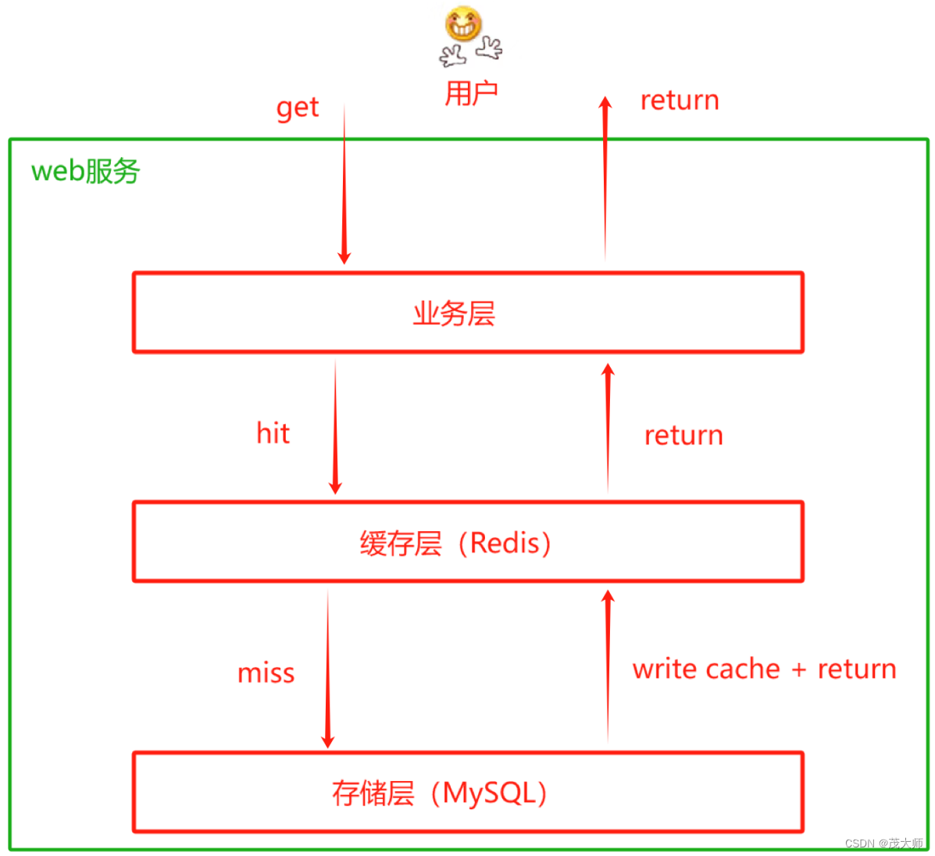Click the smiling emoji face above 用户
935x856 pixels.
(x=463, y=23)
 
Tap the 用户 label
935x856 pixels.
(x=471, y=94)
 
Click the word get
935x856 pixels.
(x=298, y=108)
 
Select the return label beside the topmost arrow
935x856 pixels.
(x=680, y=101)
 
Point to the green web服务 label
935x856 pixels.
(x=85, y=171)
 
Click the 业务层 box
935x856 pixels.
(x=468, y=312)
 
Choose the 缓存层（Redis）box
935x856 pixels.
(x=468, y=542)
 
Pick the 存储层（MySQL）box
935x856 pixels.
(x=468, y=793)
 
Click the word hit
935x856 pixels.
(x=273, y=433)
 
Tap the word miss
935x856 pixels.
(x=266, y=673)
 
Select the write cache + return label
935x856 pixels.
(x=764, y=669)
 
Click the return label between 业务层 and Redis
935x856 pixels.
(x=683, y=436)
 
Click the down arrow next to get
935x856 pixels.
(x=344, y=187)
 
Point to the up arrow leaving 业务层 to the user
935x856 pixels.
(x=605, y=180)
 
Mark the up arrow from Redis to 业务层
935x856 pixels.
(x=608, y=428)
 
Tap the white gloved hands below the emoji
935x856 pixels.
(x=471, y=52)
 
